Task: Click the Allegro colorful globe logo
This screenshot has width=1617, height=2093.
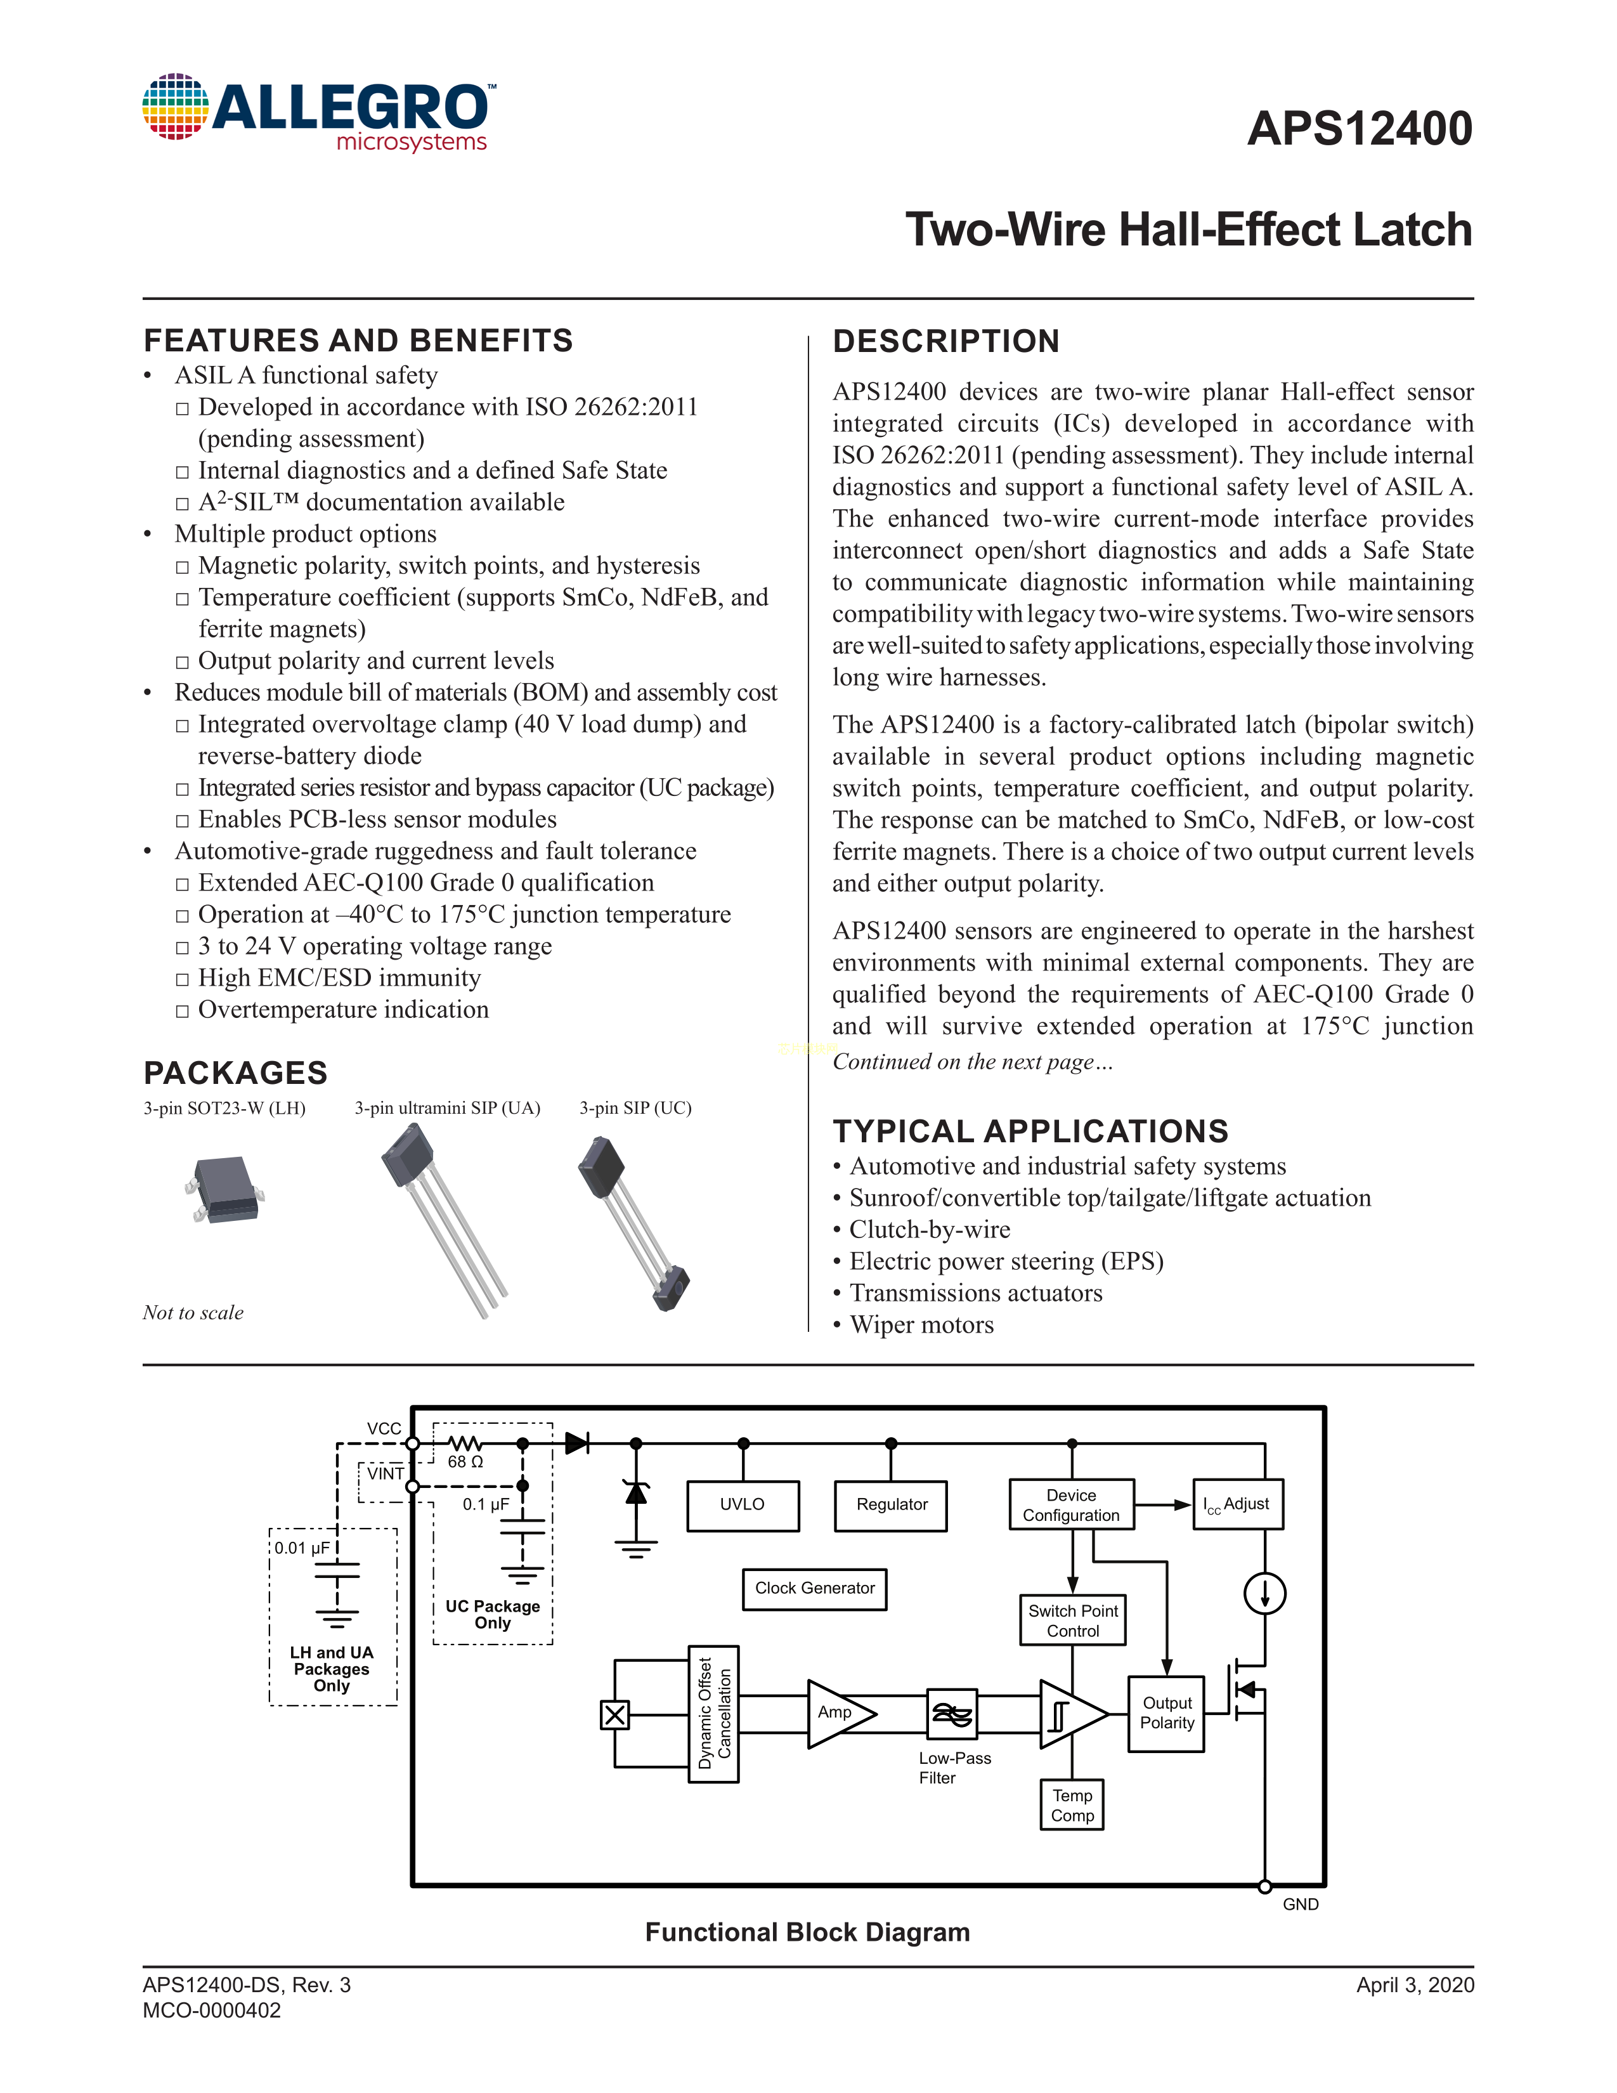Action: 175,107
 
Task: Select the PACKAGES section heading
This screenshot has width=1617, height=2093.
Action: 236,1073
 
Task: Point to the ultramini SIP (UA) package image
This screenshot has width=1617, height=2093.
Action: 443,1218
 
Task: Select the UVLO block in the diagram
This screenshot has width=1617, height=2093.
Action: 743,1504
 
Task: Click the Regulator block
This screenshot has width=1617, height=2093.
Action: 891,1504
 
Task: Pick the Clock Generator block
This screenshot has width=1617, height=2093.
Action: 814,1588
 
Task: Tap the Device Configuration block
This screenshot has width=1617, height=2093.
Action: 1071,1504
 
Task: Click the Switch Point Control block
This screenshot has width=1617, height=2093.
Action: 1073,1620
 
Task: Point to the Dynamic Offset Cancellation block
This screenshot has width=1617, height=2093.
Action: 713,1714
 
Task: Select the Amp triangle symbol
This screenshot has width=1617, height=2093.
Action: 837,1714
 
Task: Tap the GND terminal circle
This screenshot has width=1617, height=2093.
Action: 1264,1886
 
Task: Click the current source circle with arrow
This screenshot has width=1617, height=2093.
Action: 1264,1594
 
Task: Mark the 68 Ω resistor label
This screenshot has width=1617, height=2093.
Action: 465,1461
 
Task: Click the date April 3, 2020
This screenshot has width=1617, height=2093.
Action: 1415,1985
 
